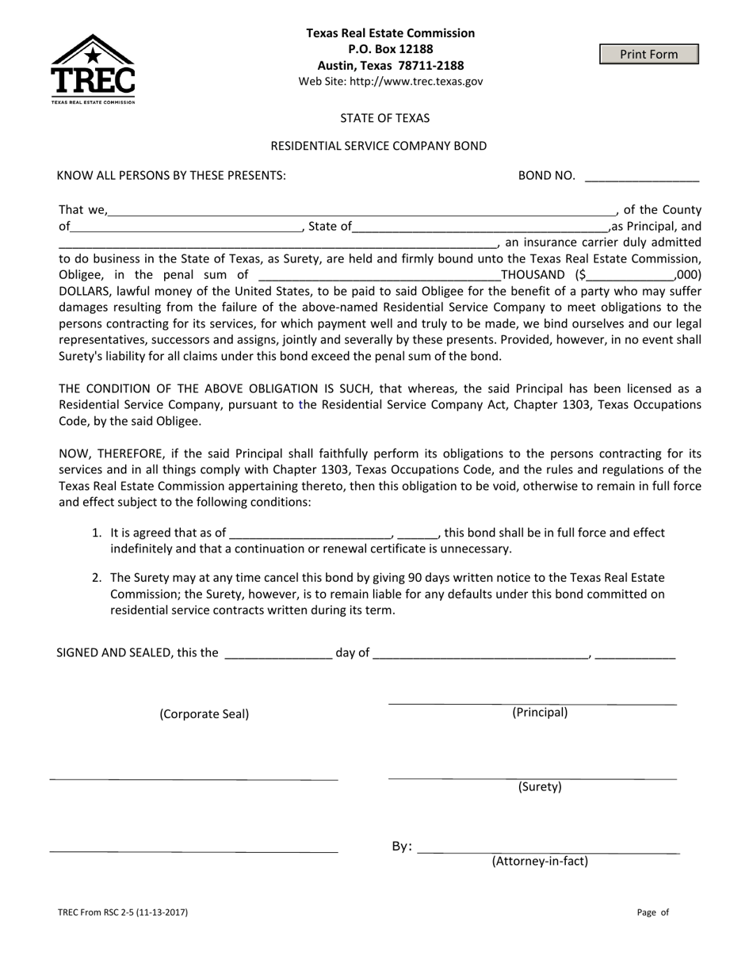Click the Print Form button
pos(648,54)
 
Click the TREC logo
pos(93,69)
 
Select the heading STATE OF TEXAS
pos(384,118)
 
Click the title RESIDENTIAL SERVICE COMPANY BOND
pos(378,146)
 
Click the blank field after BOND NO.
pos(641,177)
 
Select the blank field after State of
pos(480,227)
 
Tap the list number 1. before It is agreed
pos(97,533)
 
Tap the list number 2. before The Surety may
pos(97,578)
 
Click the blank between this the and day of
pos(278,654)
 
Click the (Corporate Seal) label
pos(204,713)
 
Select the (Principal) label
pos(540,712)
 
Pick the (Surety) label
pos(540,787)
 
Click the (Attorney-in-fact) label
pos(540,861)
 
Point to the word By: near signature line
pos(402,847)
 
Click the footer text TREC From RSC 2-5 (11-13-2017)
pos(123,912)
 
